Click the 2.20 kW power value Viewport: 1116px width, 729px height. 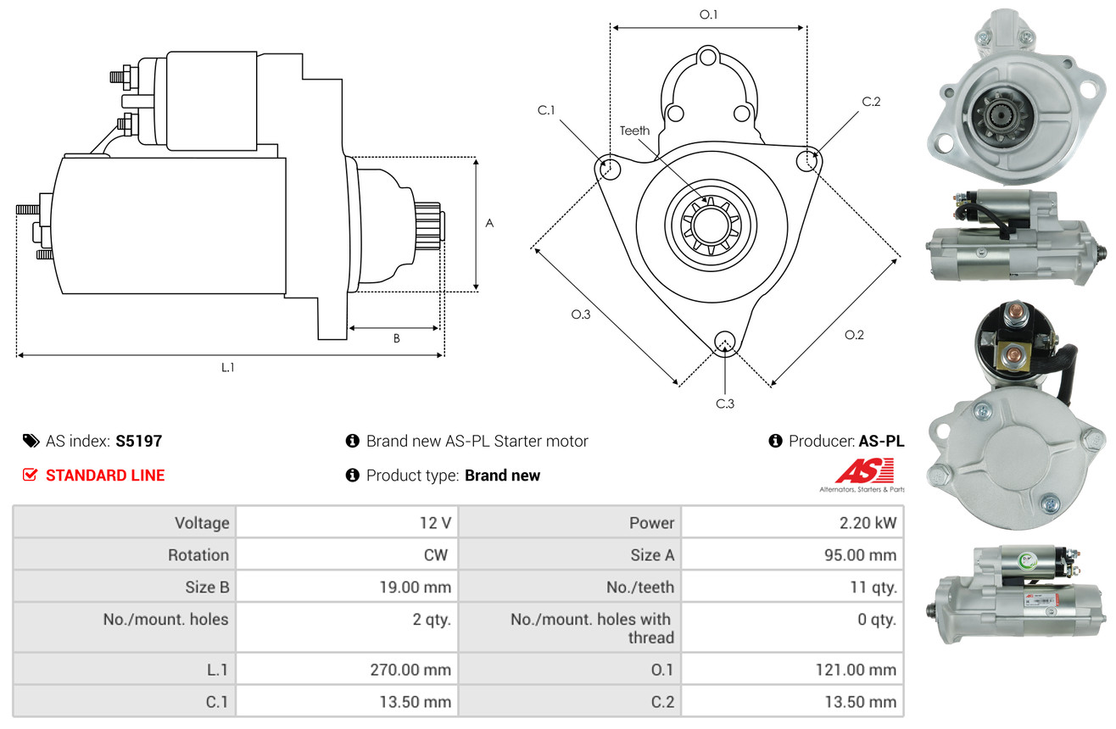[868, 523]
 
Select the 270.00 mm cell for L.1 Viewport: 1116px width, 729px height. [410, 670]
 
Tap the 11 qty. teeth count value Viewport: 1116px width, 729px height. [873, 587]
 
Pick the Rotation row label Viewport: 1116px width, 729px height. [198, 554]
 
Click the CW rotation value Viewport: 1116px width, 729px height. [436, 554]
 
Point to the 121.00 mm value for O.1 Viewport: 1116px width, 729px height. [856, 670]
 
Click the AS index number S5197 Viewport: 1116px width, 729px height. [138, 441]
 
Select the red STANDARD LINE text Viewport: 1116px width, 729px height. [105, 476]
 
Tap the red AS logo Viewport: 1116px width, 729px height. [864, 471]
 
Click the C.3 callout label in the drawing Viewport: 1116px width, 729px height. [725, 403]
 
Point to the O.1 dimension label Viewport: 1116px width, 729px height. [708, 15]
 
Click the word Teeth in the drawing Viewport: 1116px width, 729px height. [634, 131]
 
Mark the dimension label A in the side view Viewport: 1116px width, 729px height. [489, 223]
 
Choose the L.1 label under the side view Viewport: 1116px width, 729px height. [227, 368]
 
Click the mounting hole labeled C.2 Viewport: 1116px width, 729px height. [806, 160]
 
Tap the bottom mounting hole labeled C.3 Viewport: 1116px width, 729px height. [725, 342]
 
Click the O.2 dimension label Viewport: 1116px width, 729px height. [854, 335]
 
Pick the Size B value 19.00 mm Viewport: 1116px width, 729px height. [415, 587]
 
